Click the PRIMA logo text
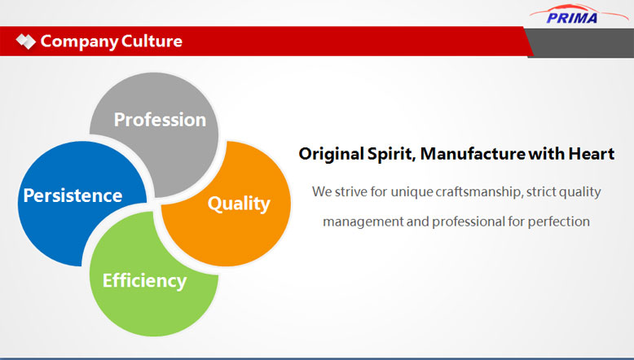coord(572,18)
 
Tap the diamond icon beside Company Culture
coord(26,42)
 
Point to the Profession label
coord(160,120)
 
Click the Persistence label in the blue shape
coord(73,195)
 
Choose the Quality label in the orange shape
coord(239,204)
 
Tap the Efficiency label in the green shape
coord(145,281)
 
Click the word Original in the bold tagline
coord(332,154)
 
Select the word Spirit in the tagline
coord(391,154)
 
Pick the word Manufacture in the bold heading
coord(473,154)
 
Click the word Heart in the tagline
coord(592,154)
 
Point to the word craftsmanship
coord(478,191)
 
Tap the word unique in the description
coord(412,192)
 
